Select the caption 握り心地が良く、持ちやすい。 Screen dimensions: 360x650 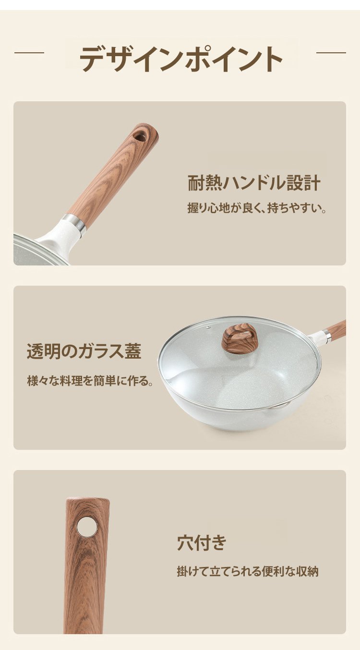click(257, 208)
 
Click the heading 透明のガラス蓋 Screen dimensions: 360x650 click(84, 351)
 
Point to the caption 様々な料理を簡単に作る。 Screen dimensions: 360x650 click(90, 381)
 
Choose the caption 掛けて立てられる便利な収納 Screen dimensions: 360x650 click(248, 571)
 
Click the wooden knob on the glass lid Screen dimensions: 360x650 click(240, 337)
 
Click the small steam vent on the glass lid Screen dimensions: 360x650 click(208, 327)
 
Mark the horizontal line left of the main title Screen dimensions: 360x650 click(29, 53)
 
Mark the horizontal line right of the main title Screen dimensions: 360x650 click(331, 53)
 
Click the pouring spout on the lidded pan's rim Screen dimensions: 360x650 click(277, 407)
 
